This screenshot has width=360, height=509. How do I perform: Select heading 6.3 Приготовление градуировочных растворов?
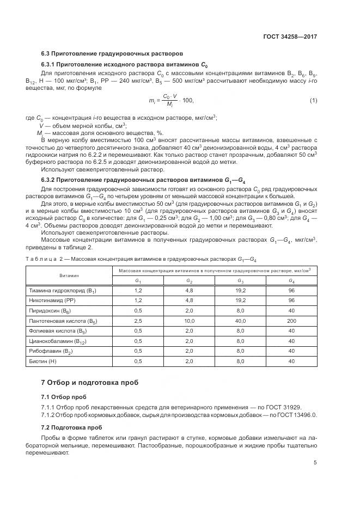tap(112, 53)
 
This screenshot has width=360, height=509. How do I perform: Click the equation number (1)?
tap(313, 101)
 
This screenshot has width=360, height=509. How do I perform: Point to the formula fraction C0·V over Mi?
tap(171, 101)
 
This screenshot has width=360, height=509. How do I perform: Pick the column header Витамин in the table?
tap(69, 275)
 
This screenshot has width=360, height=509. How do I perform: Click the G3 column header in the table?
tap(240, 280)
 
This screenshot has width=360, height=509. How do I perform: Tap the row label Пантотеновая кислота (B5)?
tap(62, 322)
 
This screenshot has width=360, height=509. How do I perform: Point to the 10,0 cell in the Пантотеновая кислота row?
tap(189, 322)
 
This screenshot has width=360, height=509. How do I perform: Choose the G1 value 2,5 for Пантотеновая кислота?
tap(138, 322)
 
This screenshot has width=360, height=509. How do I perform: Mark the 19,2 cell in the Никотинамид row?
tap(240, 300)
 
